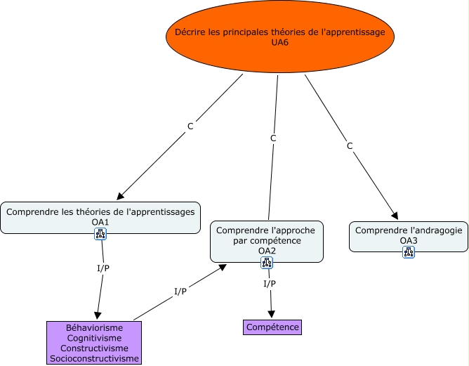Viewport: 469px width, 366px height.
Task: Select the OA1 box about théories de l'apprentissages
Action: click(x=100, y=216)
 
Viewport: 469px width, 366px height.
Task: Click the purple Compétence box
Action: click(x=272, y=327)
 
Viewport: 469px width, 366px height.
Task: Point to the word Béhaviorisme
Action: click(x=94, y=328)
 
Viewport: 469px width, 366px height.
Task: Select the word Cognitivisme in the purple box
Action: click(x=94, y=339)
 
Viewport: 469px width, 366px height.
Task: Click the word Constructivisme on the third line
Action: click(x=94, y=348)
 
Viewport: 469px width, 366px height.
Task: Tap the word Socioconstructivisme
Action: click(x=94, y=359)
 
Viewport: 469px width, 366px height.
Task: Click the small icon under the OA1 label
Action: click(x=100, y=234)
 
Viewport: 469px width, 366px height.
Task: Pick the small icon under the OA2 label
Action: click(x=267, y=262)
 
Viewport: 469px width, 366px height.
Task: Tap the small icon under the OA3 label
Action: click(x=409, y=251)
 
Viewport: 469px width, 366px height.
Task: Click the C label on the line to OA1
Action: click(x=190, y=127)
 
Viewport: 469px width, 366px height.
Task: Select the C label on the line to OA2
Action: click(x=273, y=138)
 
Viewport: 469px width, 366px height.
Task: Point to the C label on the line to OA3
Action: click(x=350, y=146)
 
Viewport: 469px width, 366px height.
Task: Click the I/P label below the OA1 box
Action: click(x=103, y=268)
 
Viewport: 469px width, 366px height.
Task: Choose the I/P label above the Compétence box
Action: click(x=270, y=284)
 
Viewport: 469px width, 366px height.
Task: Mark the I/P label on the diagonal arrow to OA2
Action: click(x=180, y=291)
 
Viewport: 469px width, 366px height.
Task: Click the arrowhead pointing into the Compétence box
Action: click(x=271, y=315)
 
